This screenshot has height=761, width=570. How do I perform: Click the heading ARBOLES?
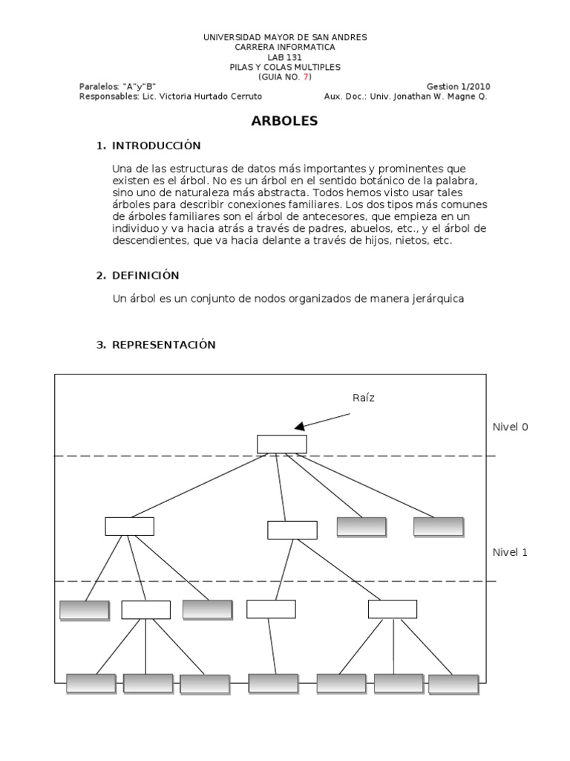pyautogui.click(x=285, y=121)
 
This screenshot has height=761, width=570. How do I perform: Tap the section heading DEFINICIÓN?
pyautogui.click(x=145, y=276)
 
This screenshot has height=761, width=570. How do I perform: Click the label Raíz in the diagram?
pyautogui.click(x=364, y=398)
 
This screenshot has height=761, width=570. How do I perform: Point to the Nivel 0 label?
pyautogui.click(x=511, y=427)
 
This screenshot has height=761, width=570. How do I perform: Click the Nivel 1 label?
pyautogui.click(x=511, y=552)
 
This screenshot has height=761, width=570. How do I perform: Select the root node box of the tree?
pyautogui.click(x=282, y=444)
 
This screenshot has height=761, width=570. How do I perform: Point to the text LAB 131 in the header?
pyautogui.click(x=285, y=57)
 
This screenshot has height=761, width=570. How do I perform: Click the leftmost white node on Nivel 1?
pyautogui.click(x=129, y=526)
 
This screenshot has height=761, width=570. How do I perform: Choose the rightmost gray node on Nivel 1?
pyautogui.click(x=438, y=526)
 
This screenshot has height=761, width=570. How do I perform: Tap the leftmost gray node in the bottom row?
pyautogui.click(x=91, y=683)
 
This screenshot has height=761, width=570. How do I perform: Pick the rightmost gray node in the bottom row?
pyautogui.click(x=453, y=684)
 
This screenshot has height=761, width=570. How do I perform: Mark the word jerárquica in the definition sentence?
pyautogui.click(x=438, y=299)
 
